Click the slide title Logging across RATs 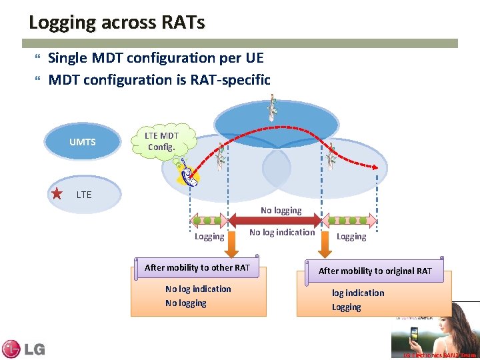point(117,22)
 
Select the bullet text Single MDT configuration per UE point(156,58)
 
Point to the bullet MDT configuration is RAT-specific point(159,80)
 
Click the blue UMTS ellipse point(83,142)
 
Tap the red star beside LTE point(57,194)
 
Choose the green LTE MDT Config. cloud point(162,141)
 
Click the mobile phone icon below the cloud point(189,175)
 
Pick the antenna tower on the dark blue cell point(271,108)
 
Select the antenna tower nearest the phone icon point(220,158)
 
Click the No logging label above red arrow point(281,210)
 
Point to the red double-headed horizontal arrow point(275,220)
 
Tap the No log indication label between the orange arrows point(282,232)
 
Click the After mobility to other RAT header point(197,268)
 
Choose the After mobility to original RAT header point(375,271)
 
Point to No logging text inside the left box point(186,303)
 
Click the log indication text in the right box point(358,293)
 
